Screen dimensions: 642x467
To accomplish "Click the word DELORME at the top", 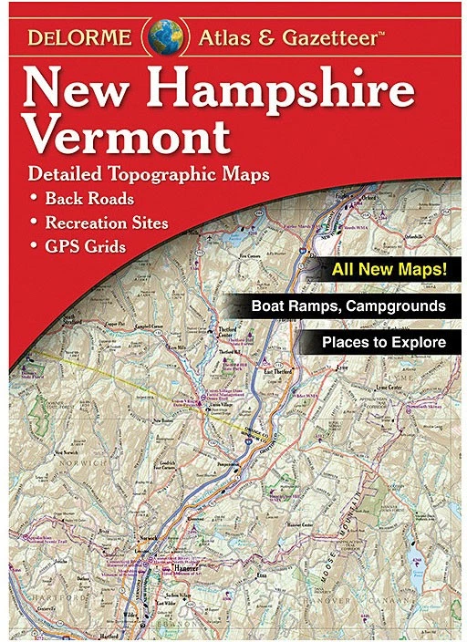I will [85, 39].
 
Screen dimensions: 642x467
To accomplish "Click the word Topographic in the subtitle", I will [177, 173].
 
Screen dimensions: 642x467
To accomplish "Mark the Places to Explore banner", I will [383, 343].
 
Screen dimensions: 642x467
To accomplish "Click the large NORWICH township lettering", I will [78, 465].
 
